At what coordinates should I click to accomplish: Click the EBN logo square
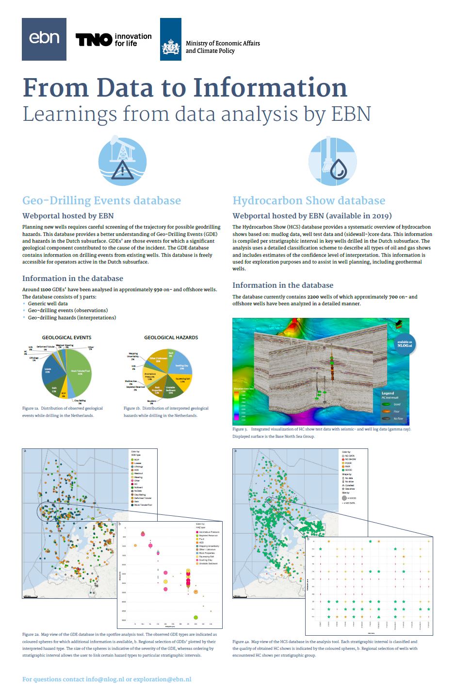pos(44,39)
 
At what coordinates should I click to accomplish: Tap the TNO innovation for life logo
pos(114,39)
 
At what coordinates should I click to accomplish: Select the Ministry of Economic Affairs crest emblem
pos(171,47)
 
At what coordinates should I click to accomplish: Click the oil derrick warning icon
pos(122,161)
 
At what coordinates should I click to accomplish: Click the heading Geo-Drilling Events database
pos(101,200)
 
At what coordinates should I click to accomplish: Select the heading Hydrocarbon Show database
pos(309,200)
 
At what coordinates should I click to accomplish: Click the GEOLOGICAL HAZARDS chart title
pos(171,337)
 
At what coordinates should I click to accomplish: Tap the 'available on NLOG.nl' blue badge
pos(405,344)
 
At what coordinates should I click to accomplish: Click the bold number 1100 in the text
pos(46,289)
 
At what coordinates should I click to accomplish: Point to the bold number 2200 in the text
pos(313,297)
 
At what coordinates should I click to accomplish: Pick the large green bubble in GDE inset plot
pos(195,617)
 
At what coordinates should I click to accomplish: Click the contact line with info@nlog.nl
pos(107,679)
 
